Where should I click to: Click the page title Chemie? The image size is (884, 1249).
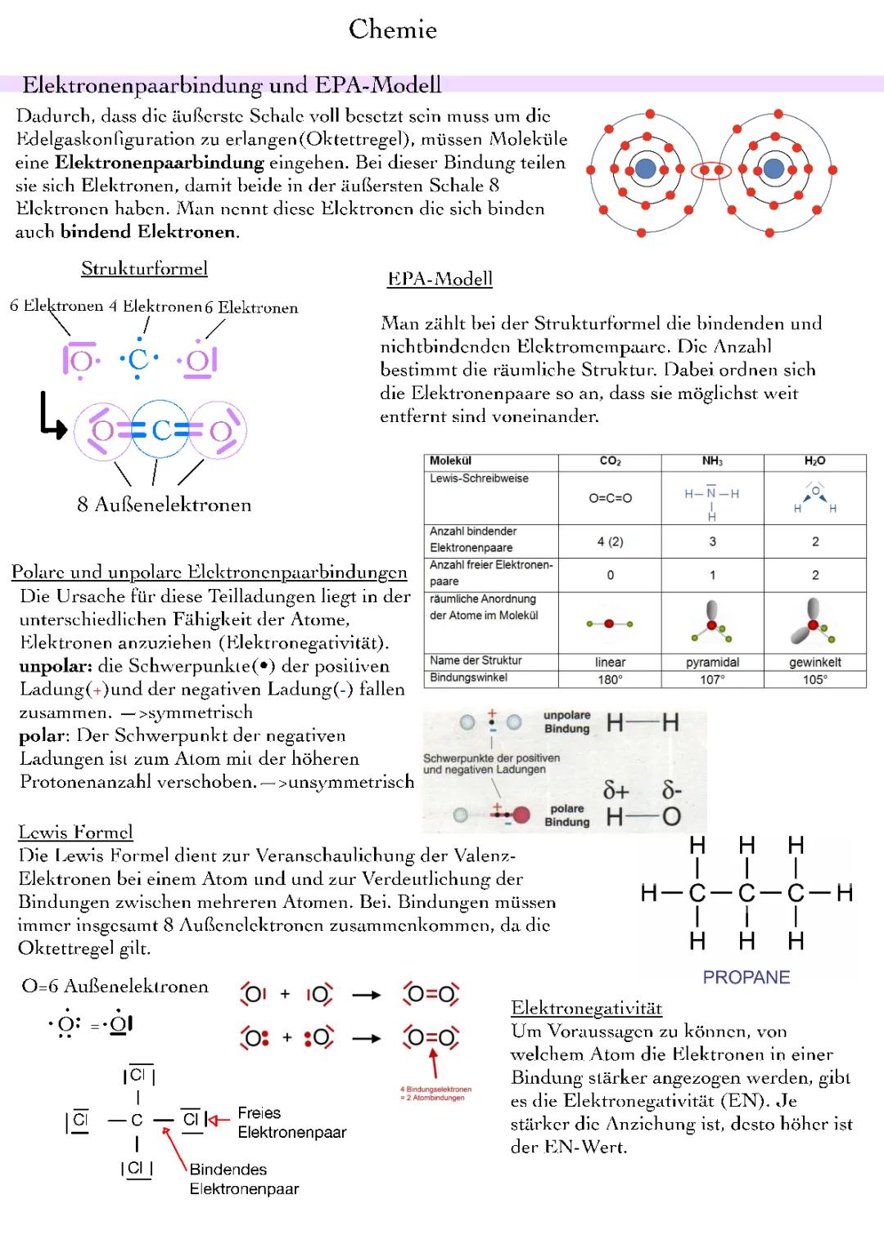[x=393, y=29]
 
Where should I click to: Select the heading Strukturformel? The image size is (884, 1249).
[x=144, y=268]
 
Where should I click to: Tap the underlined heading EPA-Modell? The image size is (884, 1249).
[x=440, y=279]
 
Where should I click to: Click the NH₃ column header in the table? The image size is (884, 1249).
[x=712, y=461]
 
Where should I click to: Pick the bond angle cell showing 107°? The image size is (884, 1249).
[x=712, y=679]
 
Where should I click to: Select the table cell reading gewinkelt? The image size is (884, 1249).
[x=814, y=662]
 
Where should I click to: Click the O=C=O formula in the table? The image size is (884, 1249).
[x=610, y=497]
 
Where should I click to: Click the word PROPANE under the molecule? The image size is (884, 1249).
[x=746, y=977]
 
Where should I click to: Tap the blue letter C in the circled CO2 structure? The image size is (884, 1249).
[x=160, y=429]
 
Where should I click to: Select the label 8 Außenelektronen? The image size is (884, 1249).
[x=165, y=505]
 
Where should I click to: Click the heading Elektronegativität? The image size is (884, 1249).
[x=586, y=1008]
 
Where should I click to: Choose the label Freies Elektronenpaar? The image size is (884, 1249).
[x=291, y=1122]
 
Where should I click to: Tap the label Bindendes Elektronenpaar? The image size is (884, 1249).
[x=244, y=1179]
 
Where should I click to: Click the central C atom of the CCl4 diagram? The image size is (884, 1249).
[x=137, y=1120]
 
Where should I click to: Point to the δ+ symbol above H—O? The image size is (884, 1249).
[x=616, y=790]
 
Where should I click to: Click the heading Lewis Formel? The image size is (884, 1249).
[x=75, y=832]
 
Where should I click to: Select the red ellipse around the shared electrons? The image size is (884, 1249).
[x=710, y=170]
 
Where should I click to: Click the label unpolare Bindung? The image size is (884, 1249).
[x=566, y=721]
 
